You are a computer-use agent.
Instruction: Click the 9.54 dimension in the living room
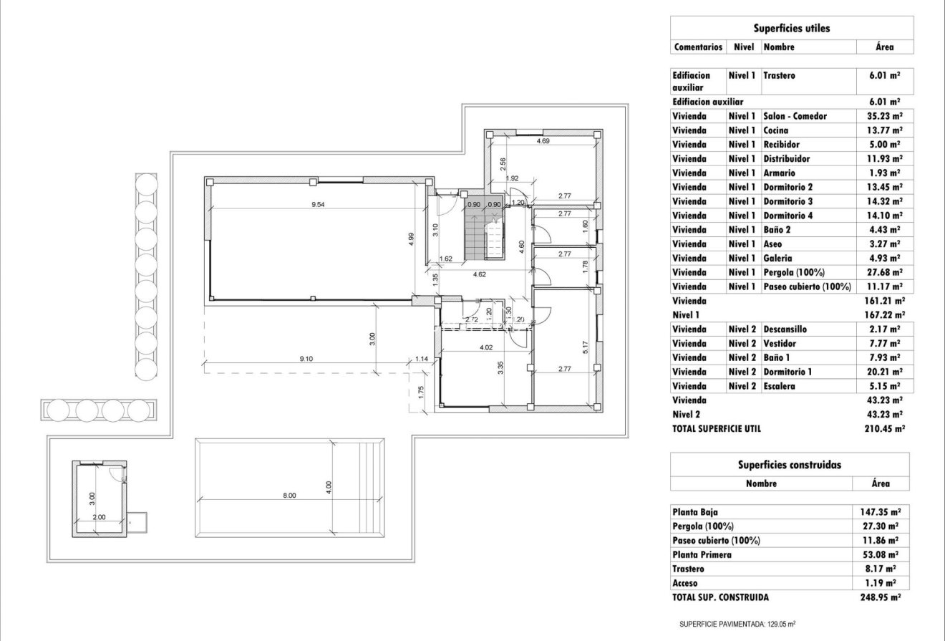(x=317, y=204)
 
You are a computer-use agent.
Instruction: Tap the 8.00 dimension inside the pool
(x=288, y=495)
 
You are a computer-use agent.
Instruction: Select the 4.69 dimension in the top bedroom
(x=543, y=142)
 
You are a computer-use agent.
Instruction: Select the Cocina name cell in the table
(x=776, y=130)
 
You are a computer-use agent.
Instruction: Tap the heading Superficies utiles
(x=791, y=29)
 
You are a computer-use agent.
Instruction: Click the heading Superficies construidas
(x=790, y=464)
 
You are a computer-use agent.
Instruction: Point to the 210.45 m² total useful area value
(x=885, y=428)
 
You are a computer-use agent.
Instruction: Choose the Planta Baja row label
(x=694, y=512)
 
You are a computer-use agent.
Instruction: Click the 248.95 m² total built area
(x=880, y=597)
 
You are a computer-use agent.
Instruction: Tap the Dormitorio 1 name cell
(x=787, y=372)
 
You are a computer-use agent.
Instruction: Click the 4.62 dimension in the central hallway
(x=480, y=274)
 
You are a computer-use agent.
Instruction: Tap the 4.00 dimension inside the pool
(x=329, y=485)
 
